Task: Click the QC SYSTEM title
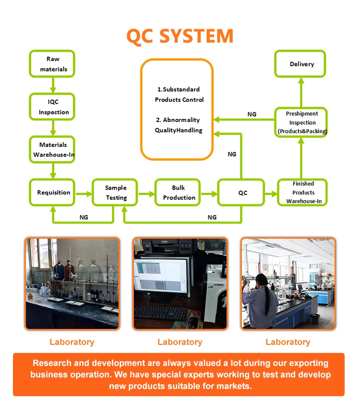click(x=180, y=36)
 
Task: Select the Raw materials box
click(x=53, y=64)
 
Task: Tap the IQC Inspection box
click(x=53, y=107)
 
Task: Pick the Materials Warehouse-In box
click(x=53, y=149)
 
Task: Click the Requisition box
click(x=53, y=193)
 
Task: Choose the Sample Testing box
click(x=116, y=193)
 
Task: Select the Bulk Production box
click(x=179, y=193)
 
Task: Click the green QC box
click(x=242, y=193)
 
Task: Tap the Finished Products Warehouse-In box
click(x=303, y=193)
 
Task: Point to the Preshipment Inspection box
click(x=302, y=122)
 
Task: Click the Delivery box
click(x=301, y=64)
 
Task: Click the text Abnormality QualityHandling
click(x=179, y=125)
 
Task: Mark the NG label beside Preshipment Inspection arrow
click(x=252, y=114)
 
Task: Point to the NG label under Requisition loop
click(x=84, y=218)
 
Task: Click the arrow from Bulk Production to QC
click(x=209, y=194)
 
